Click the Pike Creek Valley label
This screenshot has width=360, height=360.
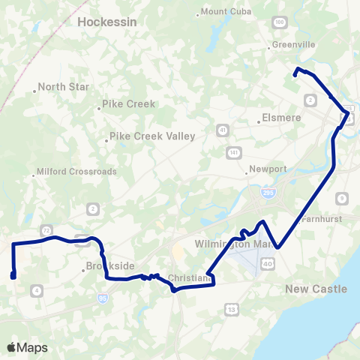click(152, 136)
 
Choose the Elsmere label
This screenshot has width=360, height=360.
click(281, 118)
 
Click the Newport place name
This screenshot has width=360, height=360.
click(268, 169)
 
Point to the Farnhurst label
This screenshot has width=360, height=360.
click(321, 220)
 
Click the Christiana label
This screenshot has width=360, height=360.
click(190, 278)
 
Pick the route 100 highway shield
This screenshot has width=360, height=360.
click(280, 23)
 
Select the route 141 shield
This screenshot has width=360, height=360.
click(235, 152)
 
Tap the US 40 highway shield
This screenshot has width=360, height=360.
click(268, 262)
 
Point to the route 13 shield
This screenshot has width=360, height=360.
click(232, 309)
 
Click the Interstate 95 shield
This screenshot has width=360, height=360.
click(103, 298)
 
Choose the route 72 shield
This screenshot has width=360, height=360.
click(46, 228)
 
